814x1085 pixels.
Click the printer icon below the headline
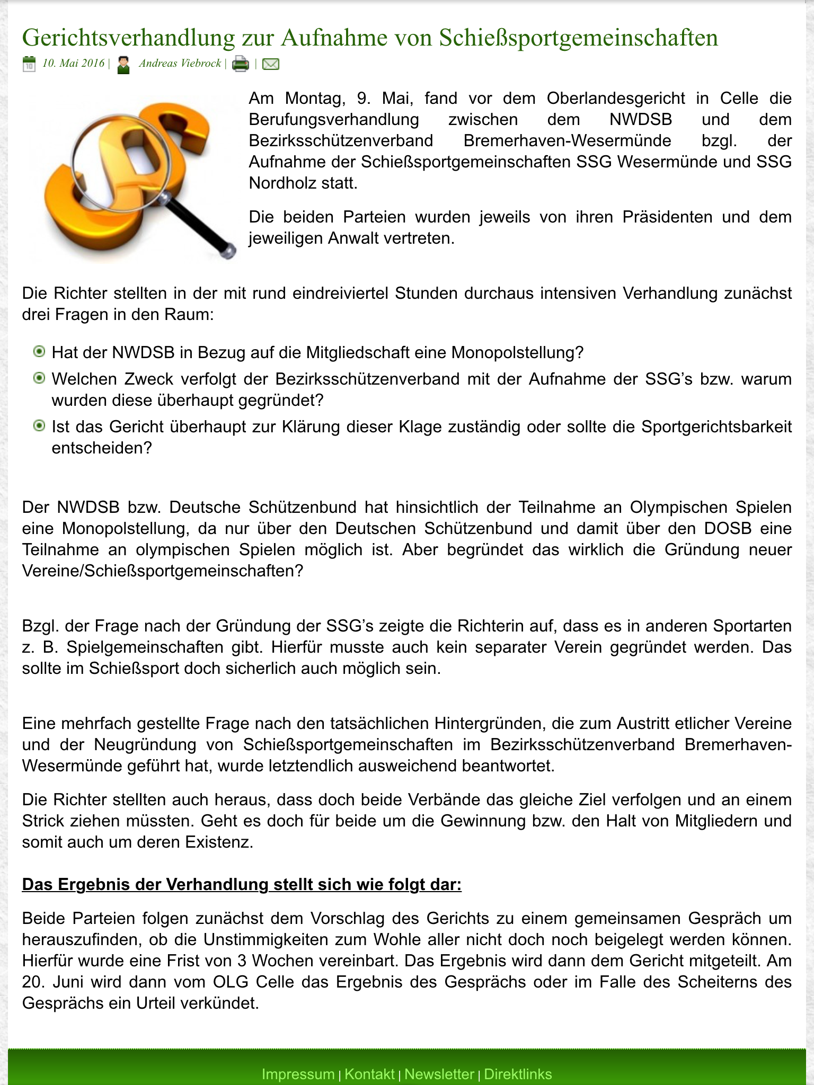click(241, 64)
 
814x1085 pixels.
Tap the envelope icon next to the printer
click(271, 64)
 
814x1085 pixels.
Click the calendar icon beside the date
click(29, 64)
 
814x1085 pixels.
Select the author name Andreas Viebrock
click(180, 64)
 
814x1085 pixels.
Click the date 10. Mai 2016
click(73, 64)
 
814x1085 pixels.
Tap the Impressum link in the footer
click(298, 1074)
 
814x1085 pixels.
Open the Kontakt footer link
click(369, 1074)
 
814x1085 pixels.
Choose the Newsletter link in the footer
click(439, 1074)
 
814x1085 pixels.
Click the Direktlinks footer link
click(518, 1074)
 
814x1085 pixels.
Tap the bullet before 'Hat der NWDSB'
click(39, 352)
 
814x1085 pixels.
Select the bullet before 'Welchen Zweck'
click(39, 378)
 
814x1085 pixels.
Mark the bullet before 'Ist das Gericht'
click(39, 426)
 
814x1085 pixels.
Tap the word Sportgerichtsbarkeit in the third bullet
click(716, 426)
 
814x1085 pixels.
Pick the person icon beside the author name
click(123, 65)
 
